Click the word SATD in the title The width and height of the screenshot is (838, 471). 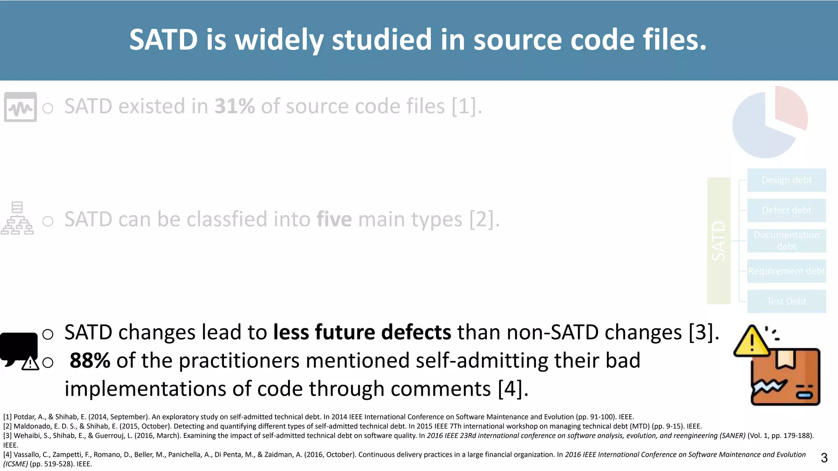(x=164, y=40)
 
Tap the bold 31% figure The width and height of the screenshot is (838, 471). (x=234, y=106)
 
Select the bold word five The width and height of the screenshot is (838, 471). (x=334, y=219)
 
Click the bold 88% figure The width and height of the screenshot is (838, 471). (x=90, y=361)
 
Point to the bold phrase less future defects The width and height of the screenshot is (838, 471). (x=362, y=332)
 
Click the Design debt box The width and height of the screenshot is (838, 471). (x=786, y=180)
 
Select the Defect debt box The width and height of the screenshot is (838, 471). (x=786, y=210)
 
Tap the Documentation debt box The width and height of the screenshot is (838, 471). (x=786, y=240)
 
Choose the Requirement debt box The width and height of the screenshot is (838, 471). (x=786, y=271)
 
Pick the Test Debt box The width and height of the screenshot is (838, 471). (x=786, y=301)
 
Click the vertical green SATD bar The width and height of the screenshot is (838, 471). (x=719, y=241)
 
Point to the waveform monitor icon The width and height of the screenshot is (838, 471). (x=20, y=107)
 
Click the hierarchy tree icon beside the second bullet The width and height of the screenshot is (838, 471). (x=17, y=218)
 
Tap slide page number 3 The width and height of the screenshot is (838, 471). (x=824, y=458)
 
